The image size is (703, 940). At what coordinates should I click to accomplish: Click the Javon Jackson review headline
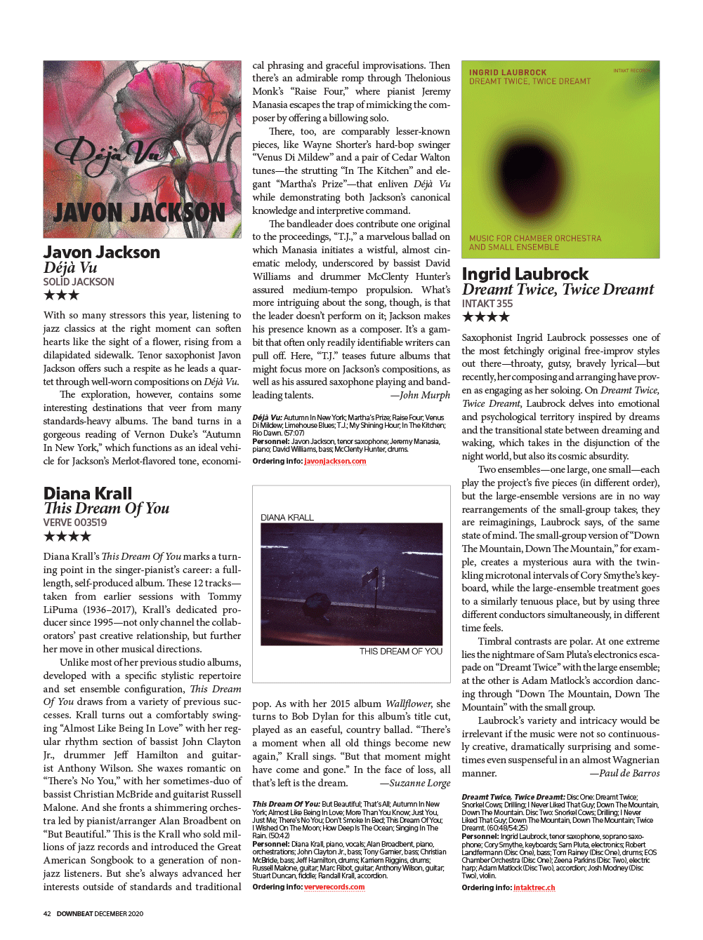coord(102,253)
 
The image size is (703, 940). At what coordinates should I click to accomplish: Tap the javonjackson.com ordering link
coord(335,462)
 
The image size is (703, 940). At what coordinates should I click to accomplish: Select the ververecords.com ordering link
coord(334,887)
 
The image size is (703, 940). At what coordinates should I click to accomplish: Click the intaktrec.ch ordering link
coord(534,888)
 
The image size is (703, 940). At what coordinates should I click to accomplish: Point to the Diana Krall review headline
coord(88,493)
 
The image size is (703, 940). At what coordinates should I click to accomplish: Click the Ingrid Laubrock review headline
coord(525,274)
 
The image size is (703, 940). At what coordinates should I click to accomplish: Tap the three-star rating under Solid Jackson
coord(61,295)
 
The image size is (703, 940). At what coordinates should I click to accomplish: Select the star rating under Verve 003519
coord(67,537)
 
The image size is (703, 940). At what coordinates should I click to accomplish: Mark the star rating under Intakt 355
coord(485,317)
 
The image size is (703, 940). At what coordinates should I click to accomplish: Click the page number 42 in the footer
coord(47,914)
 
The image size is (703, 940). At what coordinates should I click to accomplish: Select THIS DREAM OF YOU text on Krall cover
coord(401,652)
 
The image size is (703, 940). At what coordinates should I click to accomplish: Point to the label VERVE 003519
coord(75,523)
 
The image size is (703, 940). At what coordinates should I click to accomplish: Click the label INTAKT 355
coord(487,304)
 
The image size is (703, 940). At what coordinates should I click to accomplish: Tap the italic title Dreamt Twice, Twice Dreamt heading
coord(558,290)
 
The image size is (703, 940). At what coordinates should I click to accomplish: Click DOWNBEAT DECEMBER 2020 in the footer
coord(100,914)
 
